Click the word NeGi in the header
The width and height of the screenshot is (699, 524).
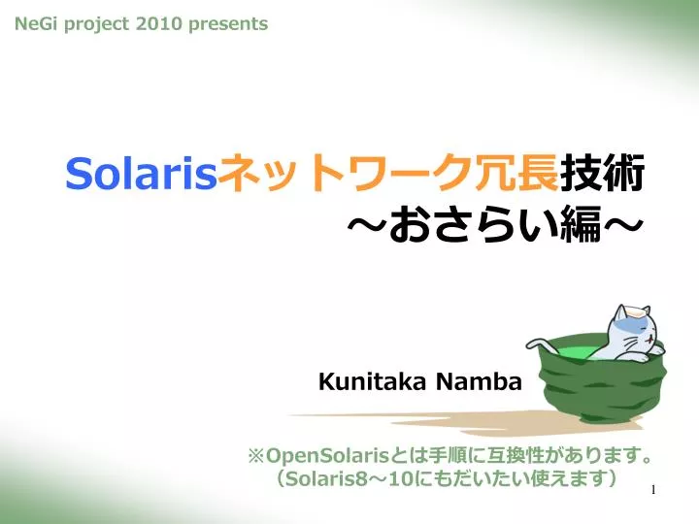pyautogui.click(x=36, y=23)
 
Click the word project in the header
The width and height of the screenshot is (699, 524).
pyautogui.click(x=96, y=24)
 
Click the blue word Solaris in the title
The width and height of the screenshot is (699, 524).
pyautogui.click(x=142, y=173)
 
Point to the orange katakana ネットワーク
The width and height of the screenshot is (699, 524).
pyautogui.click(x=349, y=173)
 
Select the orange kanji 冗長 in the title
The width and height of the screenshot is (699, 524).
pyautogui.click(x=519, y=173)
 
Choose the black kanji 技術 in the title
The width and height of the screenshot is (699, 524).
pyautogui.click(x=602, y=173)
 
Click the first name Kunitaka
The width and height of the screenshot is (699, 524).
pyautogui.click(x=372, y=382)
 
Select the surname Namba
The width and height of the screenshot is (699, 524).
pyautogui.click(x=479, y=382)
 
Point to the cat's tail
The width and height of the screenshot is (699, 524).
pyautogui.click(x=542, y=344)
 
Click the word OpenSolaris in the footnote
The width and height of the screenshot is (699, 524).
pyautogui.click(x=327, y=456)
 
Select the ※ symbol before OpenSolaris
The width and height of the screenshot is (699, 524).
pyautogui.click(x=256, y=456)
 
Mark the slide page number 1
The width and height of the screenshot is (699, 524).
pyautogui.click(x=653, y=490)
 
